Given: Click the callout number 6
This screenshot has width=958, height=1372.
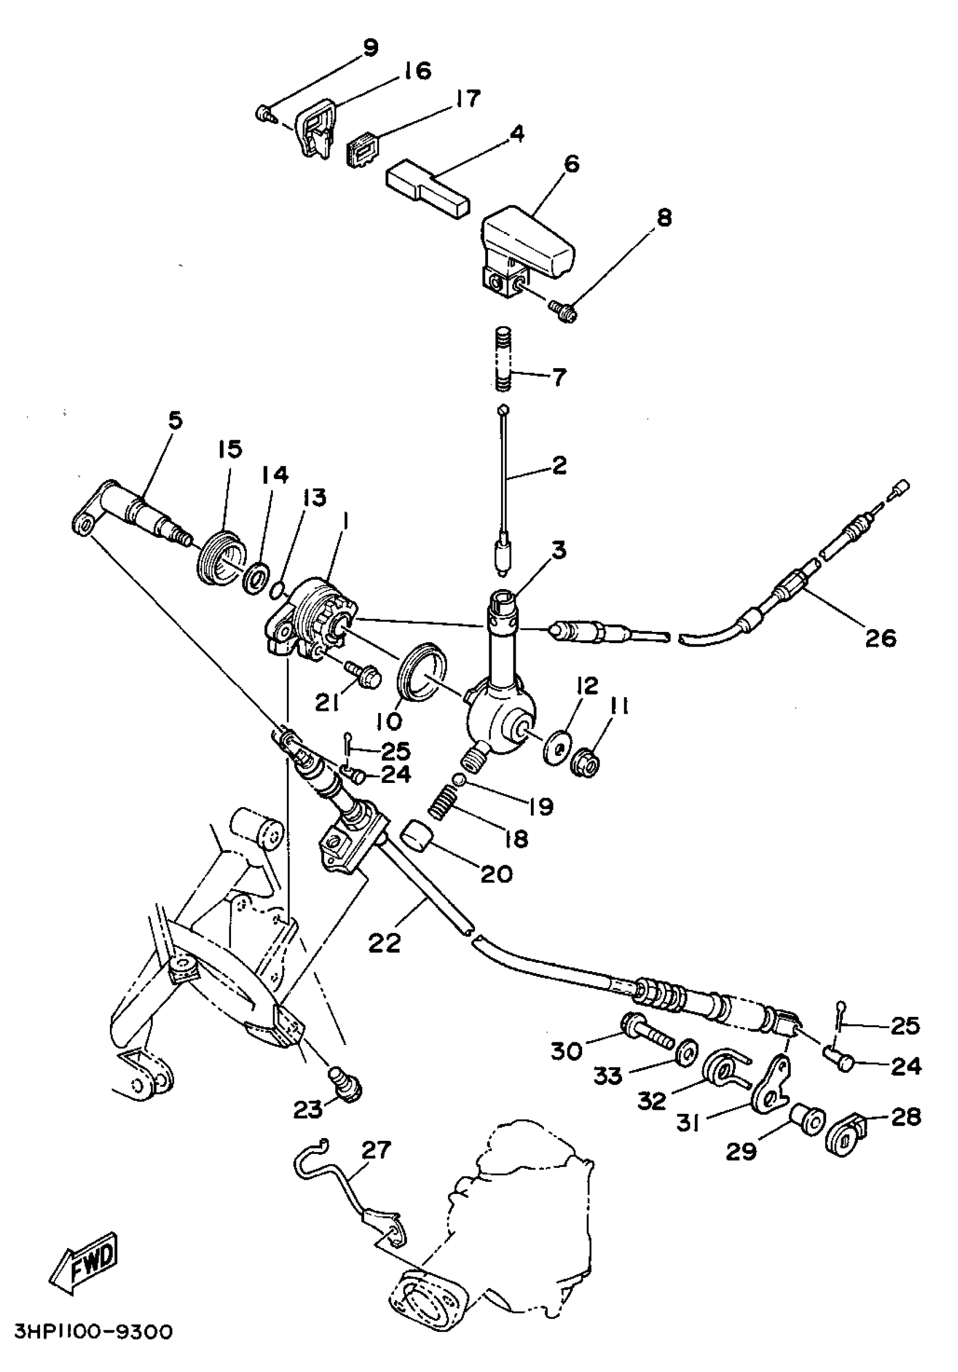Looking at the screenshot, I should click(571, 163).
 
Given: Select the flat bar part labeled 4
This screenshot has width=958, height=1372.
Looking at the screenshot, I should click(428, 189).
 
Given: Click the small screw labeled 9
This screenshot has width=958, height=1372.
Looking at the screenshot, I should click(263, 112).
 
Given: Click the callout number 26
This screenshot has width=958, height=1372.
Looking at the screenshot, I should click(881, 638).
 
